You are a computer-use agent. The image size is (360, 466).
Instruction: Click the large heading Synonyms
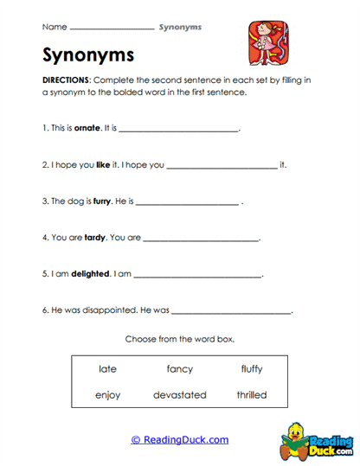[88, 55]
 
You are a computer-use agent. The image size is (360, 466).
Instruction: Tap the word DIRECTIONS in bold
[65, 78]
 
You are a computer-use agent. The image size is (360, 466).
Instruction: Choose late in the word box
[108, 369]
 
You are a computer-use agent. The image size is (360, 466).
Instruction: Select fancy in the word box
[180, 369]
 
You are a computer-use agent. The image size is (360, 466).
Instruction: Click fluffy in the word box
[252, 369]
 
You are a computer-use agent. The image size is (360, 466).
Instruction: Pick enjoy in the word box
[108, 395]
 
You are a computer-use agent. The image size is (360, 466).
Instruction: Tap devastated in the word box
[180, 395]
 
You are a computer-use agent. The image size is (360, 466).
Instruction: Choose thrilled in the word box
[252, 395]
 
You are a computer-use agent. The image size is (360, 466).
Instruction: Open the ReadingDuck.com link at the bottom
[180, 440]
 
